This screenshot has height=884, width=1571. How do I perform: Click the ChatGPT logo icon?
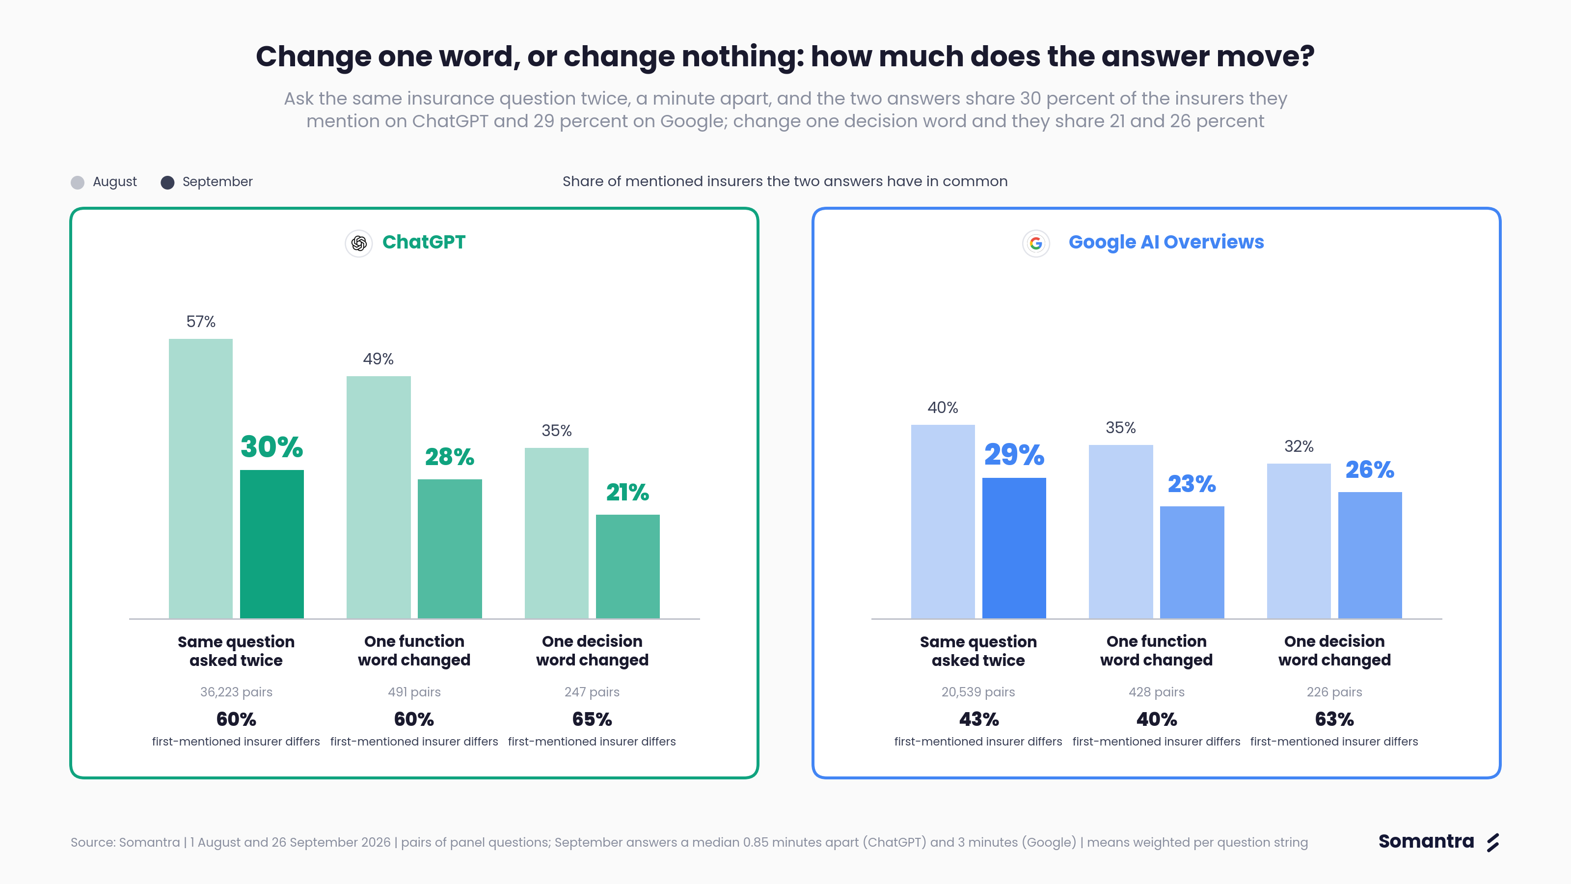[358, 244]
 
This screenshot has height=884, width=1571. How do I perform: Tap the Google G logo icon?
[1035, 244]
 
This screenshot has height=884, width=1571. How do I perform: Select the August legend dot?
[78, 182]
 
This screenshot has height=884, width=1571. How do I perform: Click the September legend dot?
[167, 182]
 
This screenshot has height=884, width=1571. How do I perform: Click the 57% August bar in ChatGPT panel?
[201, 478]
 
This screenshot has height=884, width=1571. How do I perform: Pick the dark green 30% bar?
[272, 544]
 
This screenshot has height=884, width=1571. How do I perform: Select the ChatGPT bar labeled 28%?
[450, 549]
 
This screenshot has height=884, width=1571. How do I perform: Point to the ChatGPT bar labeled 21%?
[627, 566]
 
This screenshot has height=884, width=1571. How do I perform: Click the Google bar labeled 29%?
[1014, 548]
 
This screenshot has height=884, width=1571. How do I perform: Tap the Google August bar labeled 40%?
[943, 522]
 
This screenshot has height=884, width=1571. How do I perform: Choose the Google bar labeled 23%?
[1192, 562]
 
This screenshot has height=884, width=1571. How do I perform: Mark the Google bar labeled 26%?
[1370, 555]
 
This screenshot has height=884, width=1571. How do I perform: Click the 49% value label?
[378, 359]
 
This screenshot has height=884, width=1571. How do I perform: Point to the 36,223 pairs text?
[236, 692]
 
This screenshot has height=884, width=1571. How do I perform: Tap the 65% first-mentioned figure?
[592, 719]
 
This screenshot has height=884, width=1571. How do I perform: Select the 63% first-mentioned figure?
[1334, 719]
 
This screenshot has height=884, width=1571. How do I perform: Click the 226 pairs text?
[1334, 692]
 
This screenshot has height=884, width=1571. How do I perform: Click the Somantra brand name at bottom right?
[1426, 841]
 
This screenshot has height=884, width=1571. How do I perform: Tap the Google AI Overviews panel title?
[1166, 242]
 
